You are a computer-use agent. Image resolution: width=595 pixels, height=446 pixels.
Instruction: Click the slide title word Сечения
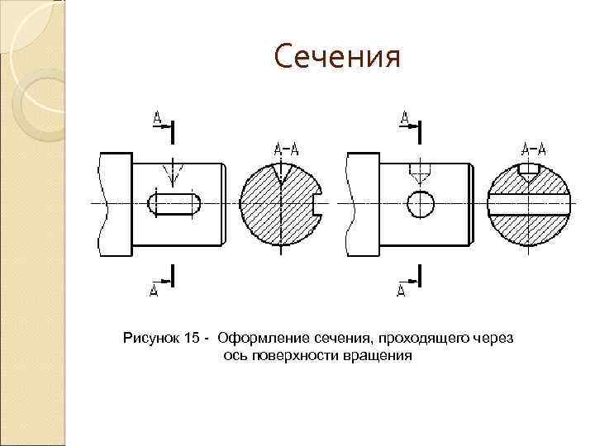(337, 58)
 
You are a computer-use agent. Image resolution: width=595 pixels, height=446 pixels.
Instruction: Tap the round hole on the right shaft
(421, 202)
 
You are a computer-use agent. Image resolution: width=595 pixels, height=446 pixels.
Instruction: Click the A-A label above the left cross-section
(285, 149)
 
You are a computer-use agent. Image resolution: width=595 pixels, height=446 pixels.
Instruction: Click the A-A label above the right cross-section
(534, 149)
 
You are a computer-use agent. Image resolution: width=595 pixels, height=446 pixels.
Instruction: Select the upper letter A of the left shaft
(157, 119)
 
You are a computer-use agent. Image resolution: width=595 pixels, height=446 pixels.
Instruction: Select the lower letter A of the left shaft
(154, 289)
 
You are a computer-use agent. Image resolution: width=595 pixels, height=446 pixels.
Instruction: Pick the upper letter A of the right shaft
(404, 119)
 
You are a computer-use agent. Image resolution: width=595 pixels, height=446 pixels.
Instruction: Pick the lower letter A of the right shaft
(402, 289)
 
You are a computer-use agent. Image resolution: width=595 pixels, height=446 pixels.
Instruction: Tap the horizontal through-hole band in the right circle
(530, 203)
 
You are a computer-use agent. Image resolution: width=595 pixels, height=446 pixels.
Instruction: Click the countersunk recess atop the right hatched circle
(530, 171)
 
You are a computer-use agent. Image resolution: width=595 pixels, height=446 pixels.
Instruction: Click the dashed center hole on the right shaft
(421, 173)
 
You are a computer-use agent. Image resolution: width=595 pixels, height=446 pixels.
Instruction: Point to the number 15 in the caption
(193, 338)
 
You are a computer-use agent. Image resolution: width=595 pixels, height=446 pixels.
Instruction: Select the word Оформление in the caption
(263, 338)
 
